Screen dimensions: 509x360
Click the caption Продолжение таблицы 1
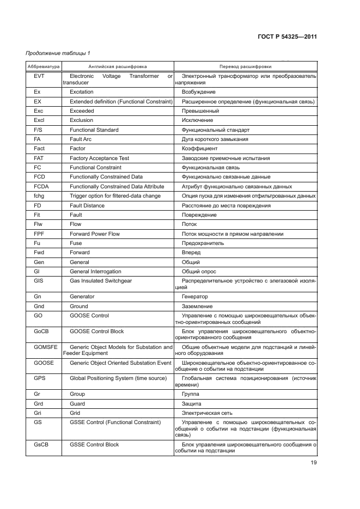pyautogui.click(x=58, y=52)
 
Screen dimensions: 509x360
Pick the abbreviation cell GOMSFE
pyautogui.click(x=41, y=347)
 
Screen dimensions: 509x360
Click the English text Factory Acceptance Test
pyautogui.click(x=99, y=158)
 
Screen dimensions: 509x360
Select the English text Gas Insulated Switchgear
pyautogui.click(x=101, y=281)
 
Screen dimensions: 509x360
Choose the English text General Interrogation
pyautogui.click(x=95, y=272)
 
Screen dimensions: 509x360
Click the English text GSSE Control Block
pyautogui.click(x=94, y=445)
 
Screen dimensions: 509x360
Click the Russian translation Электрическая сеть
pyautogui.click(x=207, y=413)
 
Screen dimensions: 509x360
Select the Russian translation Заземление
pyautogui.click(x=197, y=306)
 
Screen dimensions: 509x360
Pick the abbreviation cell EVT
pyautogui.click(x=39, y=76)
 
